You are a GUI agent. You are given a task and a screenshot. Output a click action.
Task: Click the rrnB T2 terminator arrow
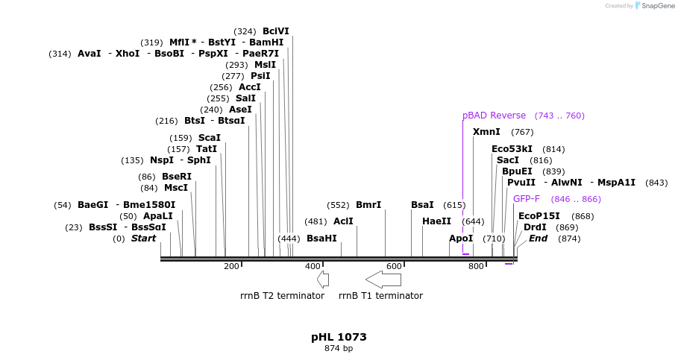pyautogui.click(x=323, y=280)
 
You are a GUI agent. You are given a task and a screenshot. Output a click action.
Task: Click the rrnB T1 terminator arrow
pyautogui.click(x=383, y=280)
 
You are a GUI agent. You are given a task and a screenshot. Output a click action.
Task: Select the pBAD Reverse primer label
pyautogui.click(x=494, y=116)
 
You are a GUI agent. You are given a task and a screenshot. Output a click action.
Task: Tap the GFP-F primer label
pyautogui.click(x=526, y=199)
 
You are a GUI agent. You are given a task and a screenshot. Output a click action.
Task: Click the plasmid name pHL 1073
pyautogui.click(x=339, y=337)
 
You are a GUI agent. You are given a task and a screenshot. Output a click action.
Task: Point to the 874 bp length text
pyautogui.click(x=339, y=348)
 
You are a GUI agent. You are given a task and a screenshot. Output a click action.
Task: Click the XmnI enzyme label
pyautogui.click(x=486, y=132)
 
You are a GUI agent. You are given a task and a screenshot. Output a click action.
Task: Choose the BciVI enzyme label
pyautogui.click(x=275, y=31)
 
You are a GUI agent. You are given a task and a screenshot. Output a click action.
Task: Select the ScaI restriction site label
pyautogui.click(x=209, y=138)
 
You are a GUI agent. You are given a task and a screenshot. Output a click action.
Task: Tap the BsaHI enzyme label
pyautogui.click(x=321, y=239)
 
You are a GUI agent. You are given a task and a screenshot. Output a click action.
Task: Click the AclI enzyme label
pyautogui.click(x=343, y=221)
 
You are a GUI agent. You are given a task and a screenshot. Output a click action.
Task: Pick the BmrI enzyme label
pyautogui.click(x=368, y=205)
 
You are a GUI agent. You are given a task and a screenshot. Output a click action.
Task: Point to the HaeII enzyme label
pyautogui.click(x=436, y=221)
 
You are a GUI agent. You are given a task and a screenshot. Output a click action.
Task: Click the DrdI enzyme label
pyautogui.click(x=535, y=227)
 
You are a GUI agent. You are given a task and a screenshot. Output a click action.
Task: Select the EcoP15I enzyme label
pyautogui.click(x=539, y=216)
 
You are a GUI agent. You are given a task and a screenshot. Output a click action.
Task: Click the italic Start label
pyautogui.click(x=144, y=239)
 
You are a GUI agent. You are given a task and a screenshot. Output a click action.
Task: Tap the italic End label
pyautogui.click(x=538, y=239)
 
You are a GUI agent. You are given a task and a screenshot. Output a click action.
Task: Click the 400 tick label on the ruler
pyautogui.click(x=313, y=266)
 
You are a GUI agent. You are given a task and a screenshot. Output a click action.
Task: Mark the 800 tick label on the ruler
pyautogui.click(x=476, y=266)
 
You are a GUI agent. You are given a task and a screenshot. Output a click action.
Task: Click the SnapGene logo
pyautogui.click(x=653, y=6)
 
